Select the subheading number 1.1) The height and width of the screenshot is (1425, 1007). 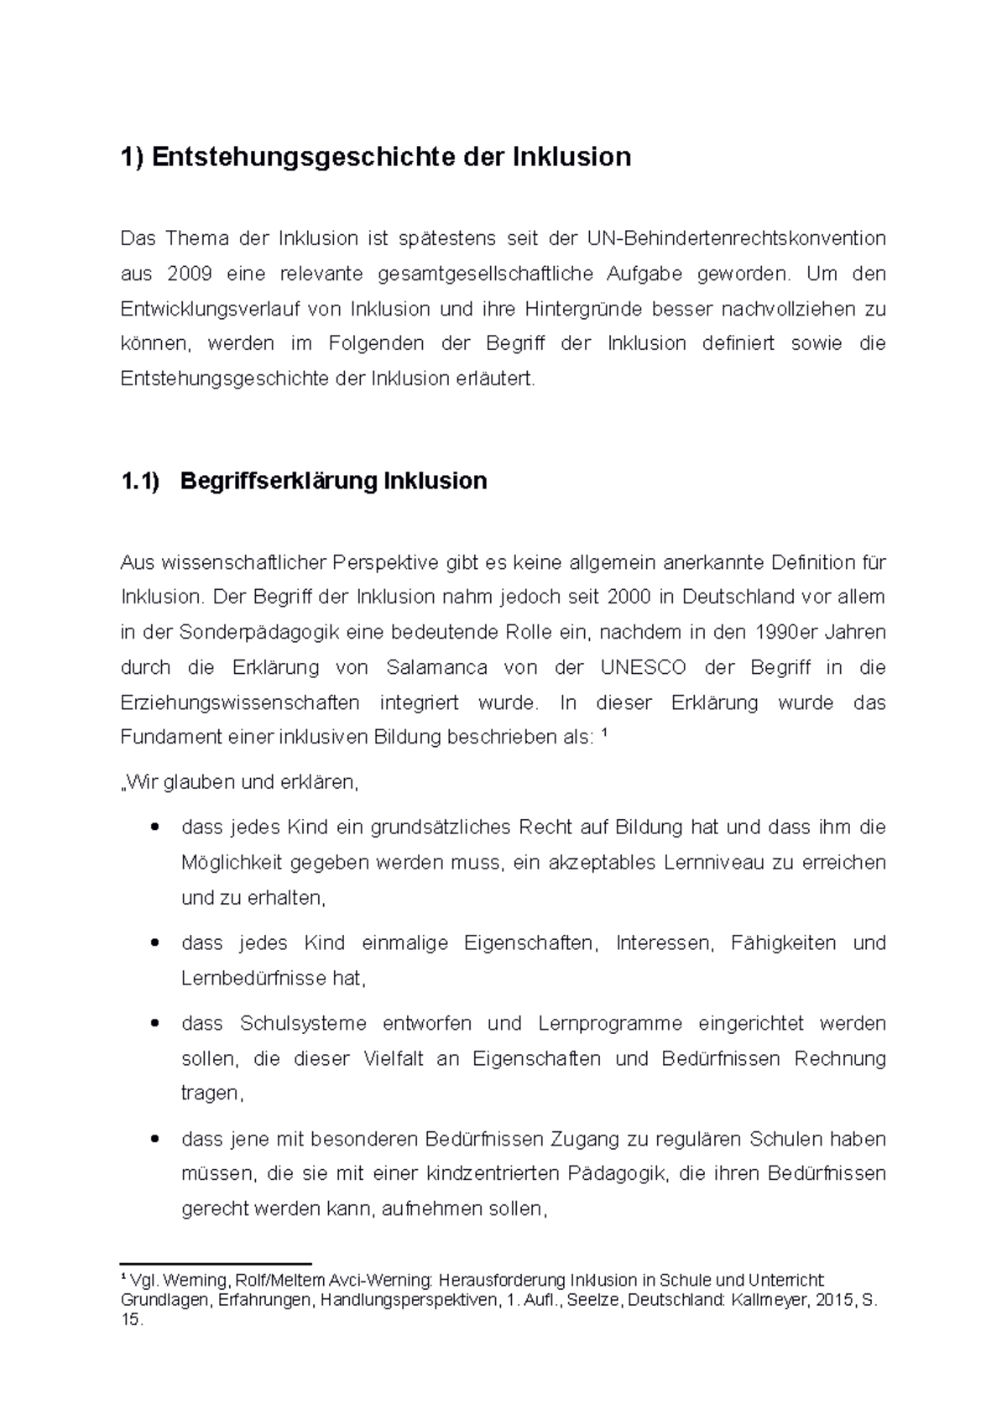[x=139, y=481]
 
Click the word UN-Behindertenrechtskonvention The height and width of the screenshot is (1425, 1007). [x=736, y=238]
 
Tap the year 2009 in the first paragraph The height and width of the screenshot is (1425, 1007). [x=190, y=274]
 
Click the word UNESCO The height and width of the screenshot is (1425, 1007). [x=643, y=667]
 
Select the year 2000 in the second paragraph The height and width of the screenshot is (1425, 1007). [x=629, y=597]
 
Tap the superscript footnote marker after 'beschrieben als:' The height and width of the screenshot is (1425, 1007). [x=606, y=734]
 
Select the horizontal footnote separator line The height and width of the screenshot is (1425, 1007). [x=216, y=1262]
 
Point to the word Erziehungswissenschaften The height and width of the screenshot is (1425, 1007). [x=240, y=702]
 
